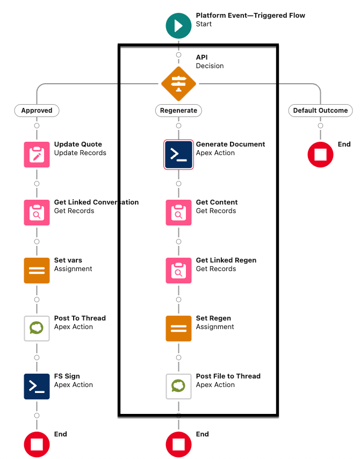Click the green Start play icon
178,25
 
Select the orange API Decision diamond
178,83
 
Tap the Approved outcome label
37,111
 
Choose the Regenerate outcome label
178,111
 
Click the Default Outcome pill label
320,111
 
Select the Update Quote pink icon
37,154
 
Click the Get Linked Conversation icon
37,212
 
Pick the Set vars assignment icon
37,270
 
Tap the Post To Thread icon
37,328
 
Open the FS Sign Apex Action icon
37,386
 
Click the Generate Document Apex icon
178,154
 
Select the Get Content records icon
178,212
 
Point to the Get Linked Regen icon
178,270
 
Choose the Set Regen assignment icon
178,328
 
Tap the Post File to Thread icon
178,386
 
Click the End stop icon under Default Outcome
320,154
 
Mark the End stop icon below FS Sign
37,444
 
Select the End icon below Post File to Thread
178,444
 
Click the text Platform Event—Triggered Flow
250,16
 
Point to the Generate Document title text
231,144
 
